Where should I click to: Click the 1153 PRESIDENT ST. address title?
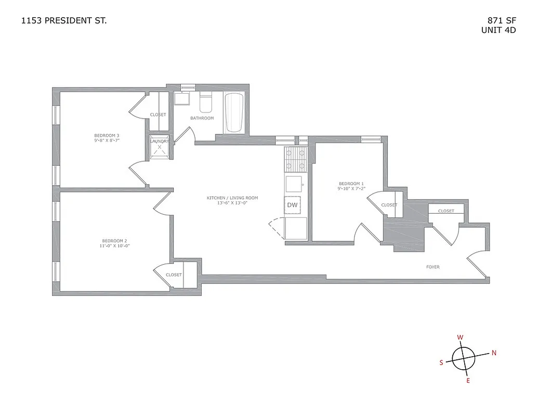[65, 21]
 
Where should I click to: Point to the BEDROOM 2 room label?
[114, 241]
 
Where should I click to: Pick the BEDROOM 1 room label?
[351, 184]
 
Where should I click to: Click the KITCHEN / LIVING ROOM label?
[232, 198]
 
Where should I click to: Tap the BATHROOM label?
[202, 118]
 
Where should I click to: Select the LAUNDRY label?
[159, 141]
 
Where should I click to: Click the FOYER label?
[432, 267]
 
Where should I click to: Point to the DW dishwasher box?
[293, 205]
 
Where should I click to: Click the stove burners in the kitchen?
[295, 160]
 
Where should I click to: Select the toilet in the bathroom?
[206, 103]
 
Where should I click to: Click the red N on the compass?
[494, 353]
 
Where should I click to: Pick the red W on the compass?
[460, 337]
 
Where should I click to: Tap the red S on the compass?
[441, 363]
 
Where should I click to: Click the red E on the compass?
[468, 381]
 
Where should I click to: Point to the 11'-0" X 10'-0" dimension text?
[114, 245]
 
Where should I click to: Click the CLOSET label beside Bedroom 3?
[158, 114]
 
